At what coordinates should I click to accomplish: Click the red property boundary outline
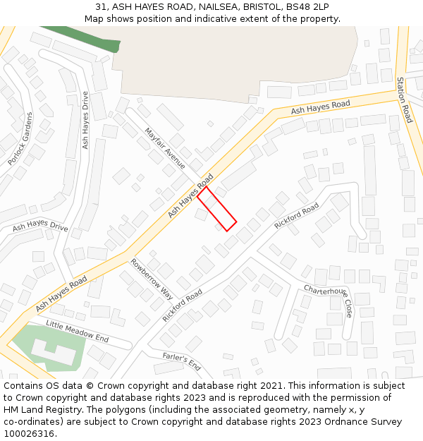pyautogui.click(x=216, y=209)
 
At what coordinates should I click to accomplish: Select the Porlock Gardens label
pyautogui.click(x=20, y=139)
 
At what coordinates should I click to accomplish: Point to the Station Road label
pyautogui.click(x=404, y=99)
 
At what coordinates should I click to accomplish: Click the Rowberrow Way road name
pyautogui.click(x=152, y=279)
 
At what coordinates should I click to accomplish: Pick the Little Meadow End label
pyautogui.click(x=78, y=330)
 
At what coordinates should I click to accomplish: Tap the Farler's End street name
pyautogui.click(x=182, y=361)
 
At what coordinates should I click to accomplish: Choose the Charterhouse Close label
pyautogui.click(x=329, y=301)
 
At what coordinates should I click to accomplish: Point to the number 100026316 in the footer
pyautogui.click(x=27, y=434)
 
